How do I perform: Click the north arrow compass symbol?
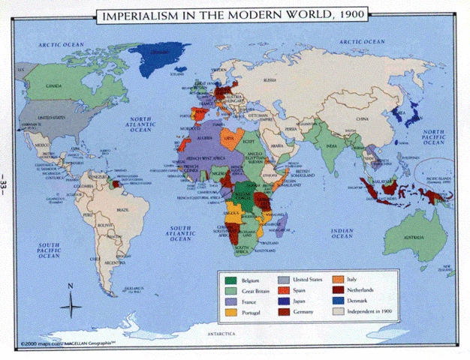click(71, 301)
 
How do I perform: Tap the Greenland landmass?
click(159, 55)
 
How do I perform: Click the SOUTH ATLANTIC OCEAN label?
click(183, 232)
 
